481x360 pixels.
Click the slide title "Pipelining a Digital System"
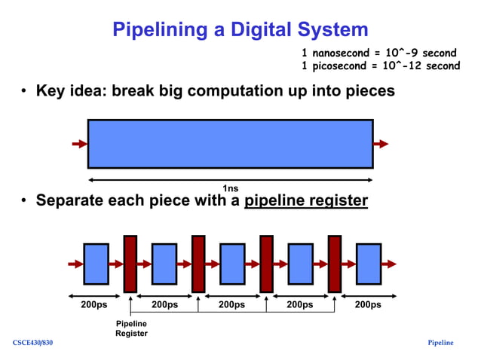(x=240, y=29)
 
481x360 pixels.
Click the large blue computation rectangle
(x=230, y=143)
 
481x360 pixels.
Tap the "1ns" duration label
(x=230, y=188)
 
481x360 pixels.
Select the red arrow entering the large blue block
(x=79, y=144)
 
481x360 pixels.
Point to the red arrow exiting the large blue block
(x=381, y=144)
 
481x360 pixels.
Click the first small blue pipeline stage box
(x=96, y=264)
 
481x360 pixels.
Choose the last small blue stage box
(x=369, y=264)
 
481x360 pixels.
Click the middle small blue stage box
(x=232, y=264)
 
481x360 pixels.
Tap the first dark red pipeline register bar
(x=130, y=264)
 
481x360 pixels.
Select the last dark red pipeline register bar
(x=334, y=264)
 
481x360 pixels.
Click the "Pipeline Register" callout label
(x=131, y=328)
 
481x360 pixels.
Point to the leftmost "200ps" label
(x=95, y=305)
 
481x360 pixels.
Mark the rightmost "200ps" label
(x=367, y=305)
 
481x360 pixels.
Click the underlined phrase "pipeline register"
(x=305, y=201)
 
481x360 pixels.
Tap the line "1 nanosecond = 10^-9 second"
(x=379, y=53)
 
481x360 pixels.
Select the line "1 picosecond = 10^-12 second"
(x=381, y=66)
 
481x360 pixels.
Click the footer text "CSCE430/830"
(x=32, y=343)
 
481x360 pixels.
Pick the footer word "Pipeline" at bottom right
(x=440, y=343)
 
